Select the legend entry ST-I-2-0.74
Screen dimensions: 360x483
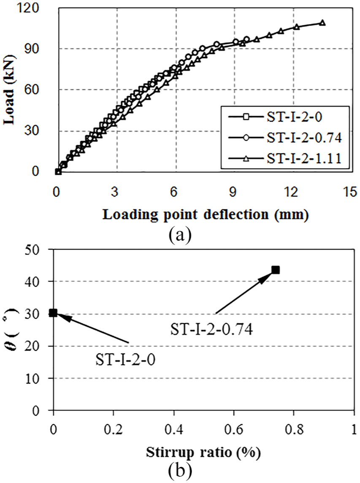285,138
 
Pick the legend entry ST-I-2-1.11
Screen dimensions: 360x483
285,158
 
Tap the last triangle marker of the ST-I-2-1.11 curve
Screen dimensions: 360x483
322,23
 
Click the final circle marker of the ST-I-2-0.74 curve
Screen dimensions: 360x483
246,39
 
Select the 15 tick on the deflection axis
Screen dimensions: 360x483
350,192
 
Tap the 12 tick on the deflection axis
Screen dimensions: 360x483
291,192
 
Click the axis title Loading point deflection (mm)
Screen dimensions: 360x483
206,214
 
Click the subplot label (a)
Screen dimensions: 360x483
180,236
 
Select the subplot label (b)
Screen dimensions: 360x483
180,470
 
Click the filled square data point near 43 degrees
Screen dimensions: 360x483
276,270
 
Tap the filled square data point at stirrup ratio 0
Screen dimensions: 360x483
53,313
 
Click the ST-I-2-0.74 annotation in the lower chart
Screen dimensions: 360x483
211,330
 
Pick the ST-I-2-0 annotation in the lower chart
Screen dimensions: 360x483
125,360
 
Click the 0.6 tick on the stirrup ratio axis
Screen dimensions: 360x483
234,429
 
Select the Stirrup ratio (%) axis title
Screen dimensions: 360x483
203,453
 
